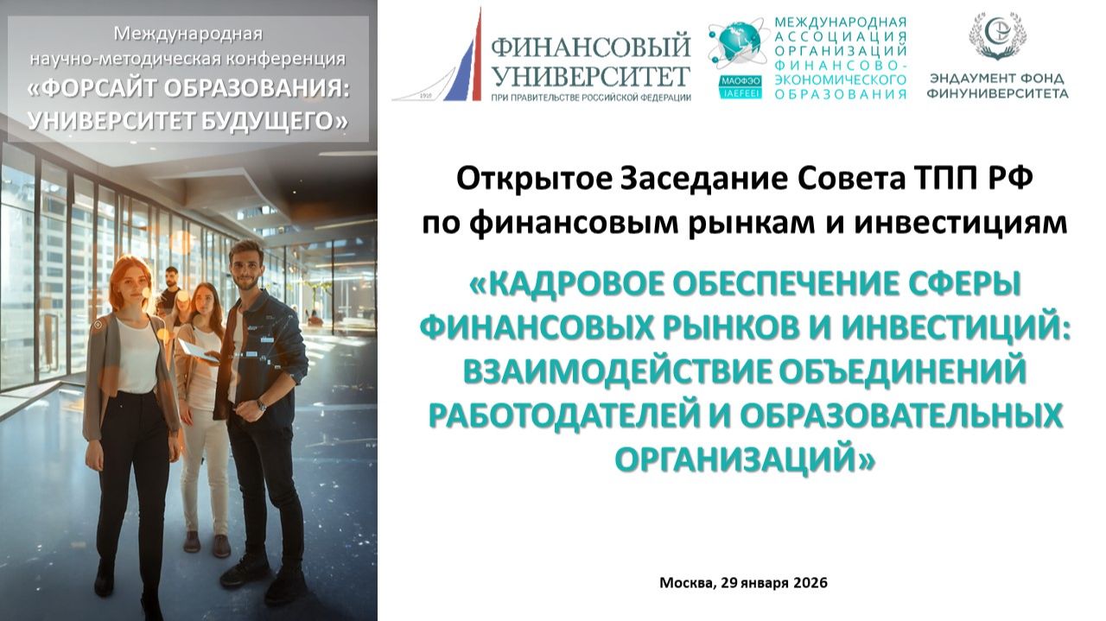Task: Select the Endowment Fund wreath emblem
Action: pyautogui.click(x=997, y=35)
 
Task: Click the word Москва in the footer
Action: pyautogui.click(x=685, y=582)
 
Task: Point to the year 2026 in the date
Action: pyautogui.click(x=810, y=582)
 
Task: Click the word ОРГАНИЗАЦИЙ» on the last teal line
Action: pyautogui.click(x=744, y=458)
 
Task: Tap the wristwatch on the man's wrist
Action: pyautogui.click(x=261, y=403)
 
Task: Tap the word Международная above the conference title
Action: pyautogui.click(x=188, y=35)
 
